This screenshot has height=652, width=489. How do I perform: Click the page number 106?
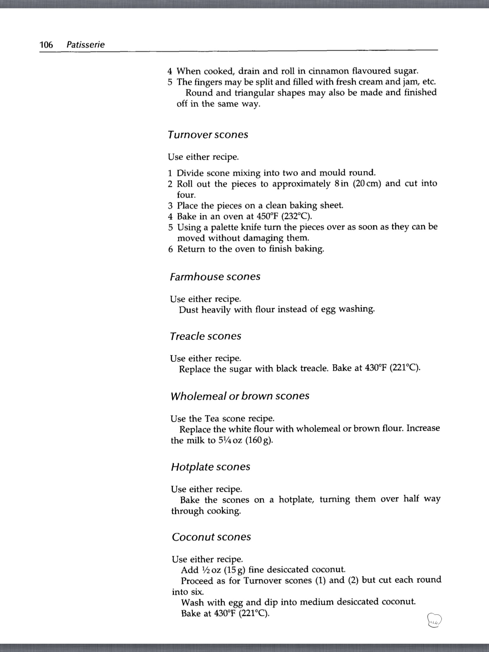coord(46,45)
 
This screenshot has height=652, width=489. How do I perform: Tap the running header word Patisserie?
coord(85,45)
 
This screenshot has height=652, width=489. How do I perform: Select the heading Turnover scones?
coord(208,135)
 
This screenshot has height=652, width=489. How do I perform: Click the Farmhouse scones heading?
coord(215,277)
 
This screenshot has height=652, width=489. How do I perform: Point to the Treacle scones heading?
coord(205,336)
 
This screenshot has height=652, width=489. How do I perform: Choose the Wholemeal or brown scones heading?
coord(240,396)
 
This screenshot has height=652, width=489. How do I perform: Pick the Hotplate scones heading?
coord(210,467)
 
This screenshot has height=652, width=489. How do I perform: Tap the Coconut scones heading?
coord(211,537)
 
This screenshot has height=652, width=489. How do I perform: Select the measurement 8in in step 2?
coord(342,184)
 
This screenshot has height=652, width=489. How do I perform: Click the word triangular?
coord(255,93)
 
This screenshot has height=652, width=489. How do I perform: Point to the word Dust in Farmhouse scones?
coord(188,310)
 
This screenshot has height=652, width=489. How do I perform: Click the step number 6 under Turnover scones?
coord(171,249)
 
